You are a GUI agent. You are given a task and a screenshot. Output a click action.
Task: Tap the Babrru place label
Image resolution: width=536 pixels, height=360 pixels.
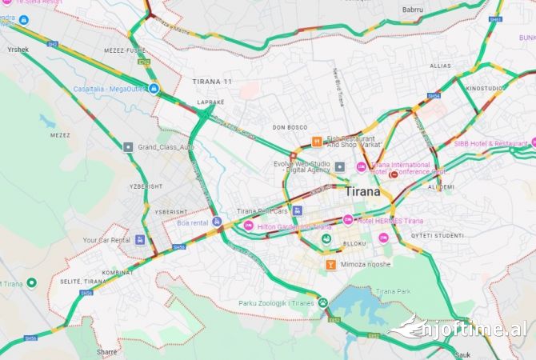pyautogui.click(x=412, y=9)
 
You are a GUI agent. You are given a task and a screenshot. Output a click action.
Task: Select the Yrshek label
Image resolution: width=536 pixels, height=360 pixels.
pyautogui.click(x=18, y=50)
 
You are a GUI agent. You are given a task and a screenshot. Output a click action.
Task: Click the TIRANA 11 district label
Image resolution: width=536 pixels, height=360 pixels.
pyautogui.click(x=212, y=82)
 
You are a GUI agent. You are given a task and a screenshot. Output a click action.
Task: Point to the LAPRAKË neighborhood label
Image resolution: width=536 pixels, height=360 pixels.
pyautogui.click(x=211, y=102)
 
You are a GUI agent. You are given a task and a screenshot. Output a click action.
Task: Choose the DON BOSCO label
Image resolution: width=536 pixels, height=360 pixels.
pyautogui.click(x=290, y=127)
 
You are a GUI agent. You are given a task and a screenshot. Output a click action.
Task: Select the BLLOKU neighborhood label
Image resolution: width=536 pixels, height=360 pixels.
pyautogui.click(x=354, y=243)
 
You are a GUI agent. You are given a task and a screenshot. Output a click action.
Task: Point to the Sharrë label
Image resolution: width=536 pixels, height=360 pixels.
pyautogui.click(x=106, y=351)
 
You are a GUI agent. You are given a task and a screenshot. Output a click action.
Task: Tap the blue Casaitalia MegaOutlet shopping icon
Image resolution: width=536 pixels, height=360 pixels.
pyautogui.click(x=154, y=88)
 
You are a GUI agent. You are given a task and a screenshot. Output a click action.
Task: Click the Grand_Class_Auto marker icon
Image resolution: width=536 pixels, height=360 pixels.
pyautogui.click(x=128, y=147)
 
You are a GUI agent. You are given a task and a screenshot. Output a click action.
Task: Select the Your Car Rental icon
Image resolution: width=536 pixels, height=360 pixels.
pyautogui.click(x=140, y=239)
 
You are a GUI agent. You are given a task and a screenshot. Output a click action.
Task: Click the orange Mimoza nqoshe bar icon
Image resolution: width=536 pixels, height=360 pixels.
pyautogui.click(x=329, y=264)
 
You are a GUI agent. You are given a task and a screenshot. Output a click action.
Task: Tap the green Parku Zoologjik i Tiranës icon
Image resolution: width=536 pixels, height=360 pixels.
pyautogui.click(x=323, y=303)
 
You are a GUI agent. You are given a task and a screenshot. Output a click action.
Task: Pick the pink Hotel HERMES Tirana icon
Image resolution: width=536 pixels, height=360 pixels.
pyautogui.click(x=348, y=220)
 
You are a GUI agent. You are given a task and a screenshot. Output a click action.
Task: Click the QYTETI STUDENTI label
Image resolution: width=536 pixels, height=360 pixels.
pyautogui.click(x=438, y=235)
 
